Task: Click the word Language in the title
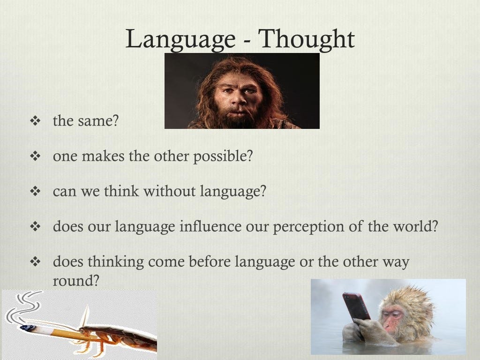coord(180,39)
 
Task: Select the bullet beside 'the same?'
coord(35,121)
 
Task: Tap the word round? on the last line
coord(76,280)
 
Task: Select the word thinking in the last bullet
coord(116,262)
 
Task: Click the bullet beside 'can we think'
coord(35,192)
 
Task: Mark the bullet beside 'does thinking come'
coord(35,262)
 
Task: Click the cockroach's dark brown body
coord(122,337)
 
